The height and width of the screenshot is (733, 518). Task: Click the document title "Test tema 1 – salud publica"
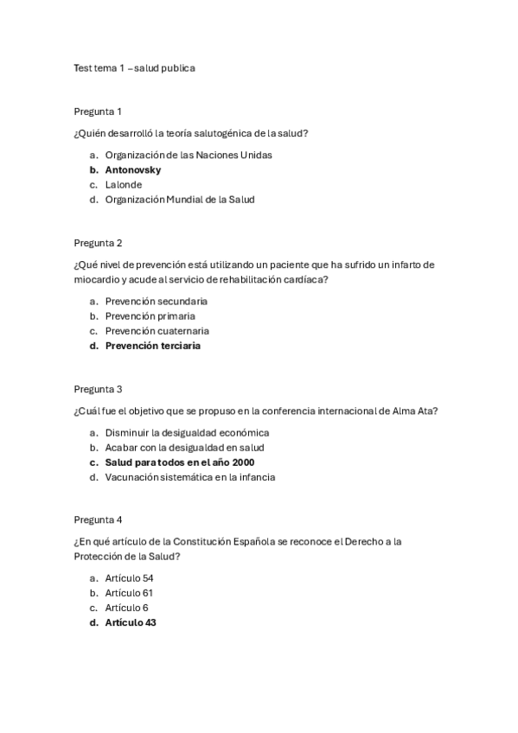(134, 67)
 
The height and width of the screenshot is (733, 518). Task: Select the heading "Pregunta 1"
(98, 112)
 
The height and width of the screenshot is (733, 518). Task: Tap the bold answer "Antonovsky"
(133, 170)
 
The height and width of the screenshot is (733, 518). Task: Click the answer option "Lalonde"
(124, 185)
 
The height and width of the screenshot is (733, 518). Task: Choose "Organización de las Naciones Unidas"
(189, 156)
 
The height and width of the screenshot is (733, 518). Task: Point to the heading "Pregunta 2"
(98, 243)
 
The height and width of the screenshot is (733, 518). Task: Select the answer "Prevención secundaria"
(157, 302)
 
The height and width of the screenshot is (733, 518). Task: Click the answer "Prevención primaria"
(150, 316)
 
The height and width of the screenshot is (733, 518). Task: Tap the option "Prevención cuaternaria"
(157, 331)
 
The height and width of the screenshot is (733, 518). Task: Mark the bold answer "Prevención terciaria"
(153, 346)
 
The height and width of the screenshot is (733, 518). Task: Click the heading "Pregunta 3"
(98, 389)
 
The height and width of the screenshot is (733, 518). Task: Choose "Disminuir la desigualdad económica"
(188, 433)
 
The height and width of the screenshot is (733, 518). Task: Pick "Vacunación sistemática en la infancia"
(190, 477)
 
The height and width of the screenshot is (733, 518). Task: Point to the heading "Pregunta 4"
(98, 520)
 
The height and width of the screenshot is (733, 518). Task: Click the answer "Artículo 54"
(130, 578)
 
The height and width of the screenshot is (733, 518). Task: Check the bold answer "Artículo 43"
(131, 622)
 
